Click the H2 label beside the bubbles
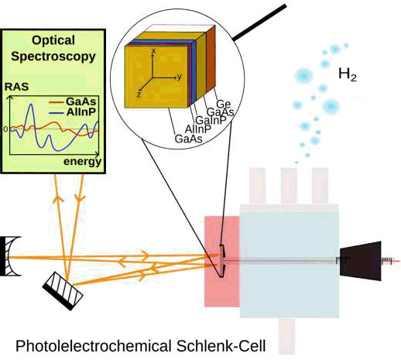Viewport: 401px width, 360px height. click(x=348, y=74)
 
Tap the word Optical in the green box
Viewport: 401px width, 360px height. click(x=53, y=40)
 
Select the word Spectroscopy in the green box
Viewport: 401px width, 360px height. click(x=53, y=57)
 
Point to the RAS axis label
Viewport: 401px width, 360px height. click(x=16, y=87)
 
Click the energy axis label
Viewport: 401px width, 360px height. click(x=82, y=162)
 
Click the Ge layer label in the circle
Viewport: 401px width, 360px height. click(x=223, y=105)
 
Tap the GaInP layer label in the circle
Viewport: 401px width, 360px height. click(x=211, y=120)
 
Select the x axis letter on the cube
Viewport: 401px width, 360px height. click(x=153, y=50)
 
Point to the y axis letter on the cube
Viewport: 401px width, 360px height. click(x=180, y=77)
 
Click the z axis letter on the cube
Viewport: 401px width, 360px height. click(x=139, y=94)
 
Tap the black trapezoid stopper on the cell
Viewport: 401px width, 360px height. click(x=361, y=261)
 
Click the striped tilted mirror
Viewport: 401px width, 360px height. click(x=63, y=290)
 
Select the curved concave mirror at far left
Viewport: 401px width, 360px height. click(x=10, y=256)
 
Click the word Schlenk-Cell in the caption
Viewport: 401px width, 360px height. click(x=221, y=346)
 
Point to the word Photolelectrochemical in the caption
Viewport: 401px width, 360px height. click(x=94, y=346)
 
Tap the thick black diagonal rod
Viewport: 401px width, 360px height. click(x=259, y=22)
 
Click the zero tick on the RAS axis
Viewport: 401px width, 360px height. click(x=5, y=129)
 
